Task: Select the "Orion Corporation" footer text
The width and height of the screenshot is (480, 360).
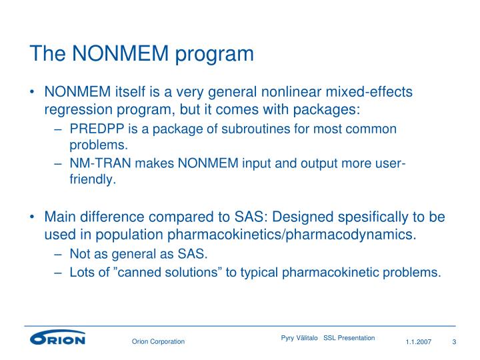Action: (157, 342)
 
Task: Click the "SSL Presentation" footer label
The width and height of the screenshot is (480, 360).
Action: (349, 338)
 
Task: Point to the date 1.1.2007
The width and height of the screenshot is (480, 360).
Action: (419, 342)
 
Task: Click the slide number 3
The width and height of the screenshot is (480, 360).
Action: (454, 342)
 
